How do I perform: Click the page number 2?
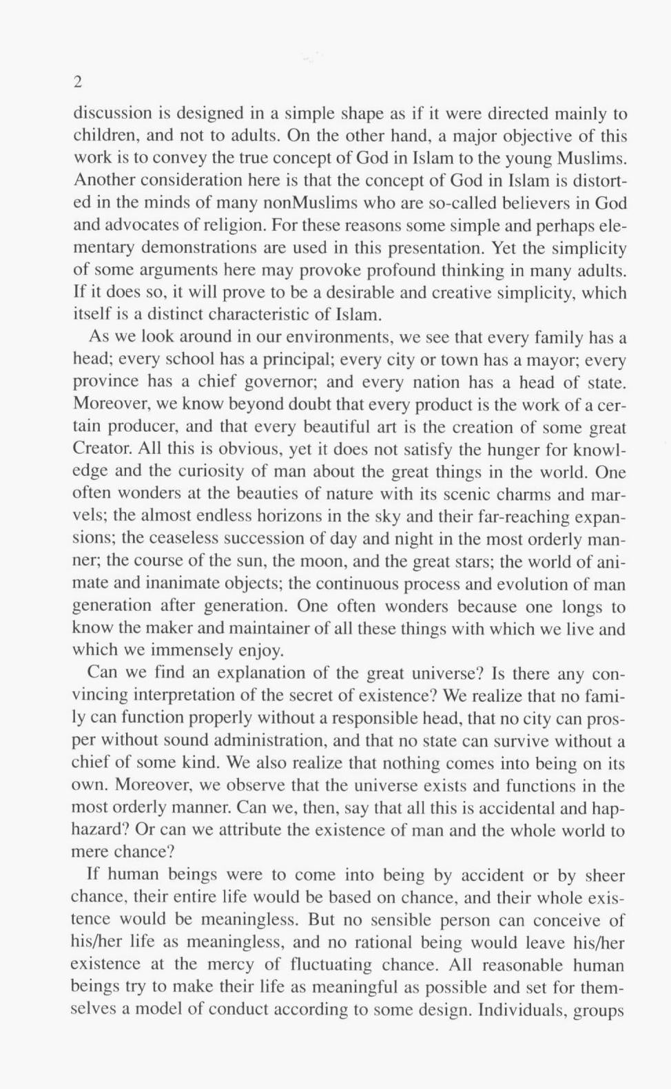pyautogui.click(x=78, y=83)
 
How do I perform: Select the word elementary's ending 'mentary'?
pyautogui.click(x=103, y=248)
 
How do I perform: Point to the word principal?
pyautogui.click(x=302, y=360)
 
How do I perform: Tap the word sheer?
pyautogui.click(x=603, y=875)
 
